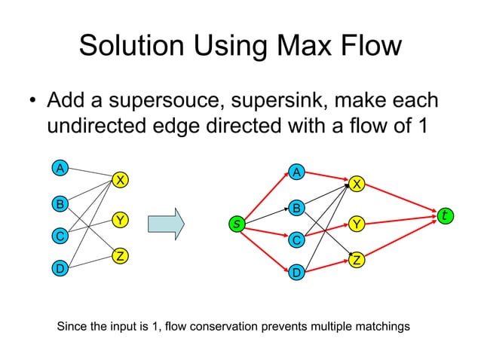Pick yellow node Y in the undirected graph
click(x=119, y=220)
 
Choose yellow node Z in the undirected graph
click(x=119, y=257)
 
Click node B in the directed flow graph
click(x=297, y=207)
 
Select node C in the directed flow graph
click(x=297, y=240)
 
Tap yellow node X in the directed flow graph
click(x=357, y=184)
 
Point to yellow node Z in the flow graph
click(x=357, y=260)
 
